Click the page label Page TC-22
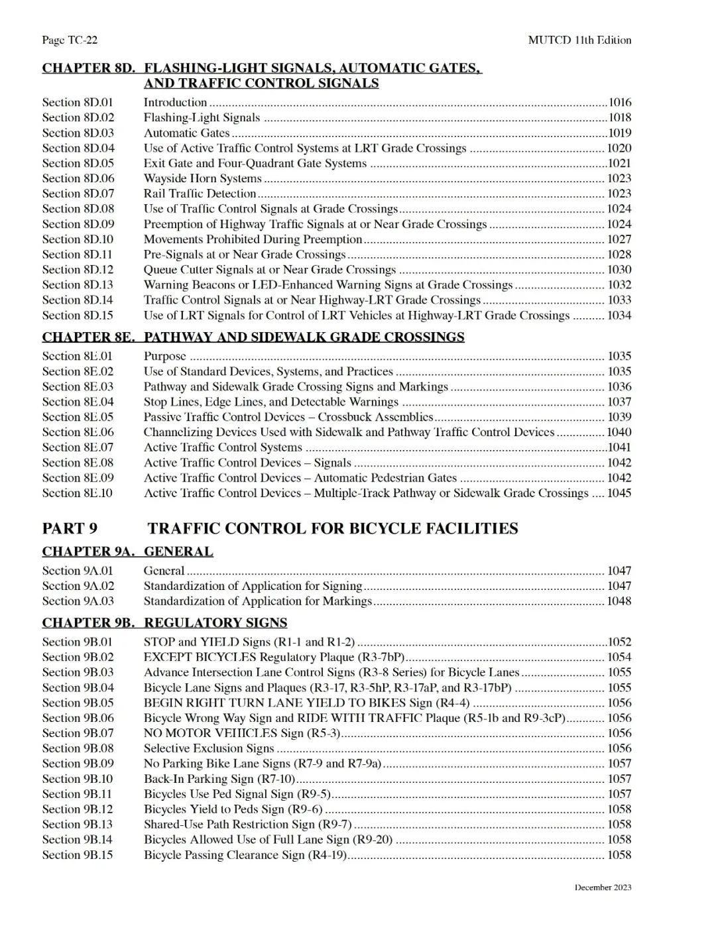[x=70, y=40]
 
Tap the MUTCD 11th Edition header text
[x=579, y=40]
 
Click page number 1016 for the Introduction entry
[x=620, y=103]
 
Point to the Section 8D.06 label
[x=78, y=178]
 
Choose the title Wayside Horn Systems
[x=202, y=178]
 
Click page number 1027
[x=620, y=239]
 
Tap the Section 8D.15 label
[x=78, y=316]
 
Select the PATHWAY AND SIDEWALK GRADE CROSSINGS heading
[x=304, y=337]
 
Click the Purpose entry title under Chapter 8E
[x=164, y=357]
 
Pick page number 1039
[x=620, y=417]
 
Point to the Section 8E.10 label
[x=78, y=493]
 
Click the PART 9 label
[x=70, y=528]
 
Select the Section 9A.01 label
[x=78, y=571]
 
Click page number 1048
[x=620, y=601]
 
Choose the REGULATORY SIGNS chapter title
[x=215, y=622]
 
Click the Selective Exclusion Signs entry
[x=208, y=748]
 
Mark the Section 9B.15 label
[x=78, y=855]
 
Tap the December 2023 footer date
[x=603, y=888]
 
